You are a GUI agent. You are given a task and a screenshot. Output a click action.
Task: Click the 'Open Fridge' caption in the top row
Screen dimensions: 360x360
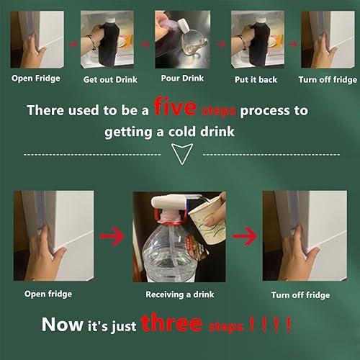click(36, 79)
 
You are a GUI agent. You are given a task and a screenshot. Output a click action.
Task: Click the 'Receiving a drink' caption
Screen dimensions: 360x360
click(179, 294)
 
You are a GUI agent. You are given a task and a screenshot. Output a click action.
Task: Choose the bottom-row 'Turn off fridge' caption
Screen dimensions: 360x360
click(301, 295)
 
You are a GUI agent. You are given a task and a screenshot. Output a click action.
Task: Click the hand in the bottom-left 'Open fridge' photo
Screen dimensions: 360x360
click(47, 252)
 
